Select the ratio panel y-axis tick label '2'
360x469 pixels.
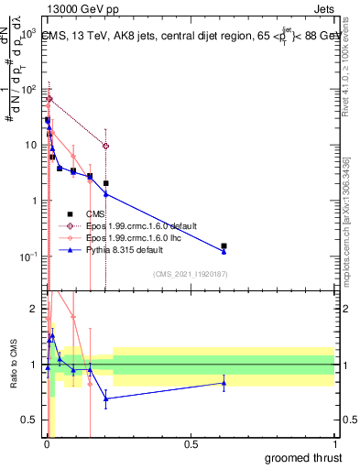[34, 309]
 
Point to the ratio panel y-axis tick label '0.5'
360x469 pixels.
[30, 420]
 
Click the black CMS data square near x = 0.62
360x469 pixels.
[224, 245]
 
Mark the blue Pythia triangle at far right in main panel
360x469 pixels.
[224, 251]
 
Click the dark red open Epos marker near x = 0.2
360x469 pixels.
[106, 146]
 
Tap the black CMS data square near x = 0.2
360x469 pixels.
[106, 183]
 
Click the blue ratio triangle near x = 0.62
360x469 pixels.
[224, 382]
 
